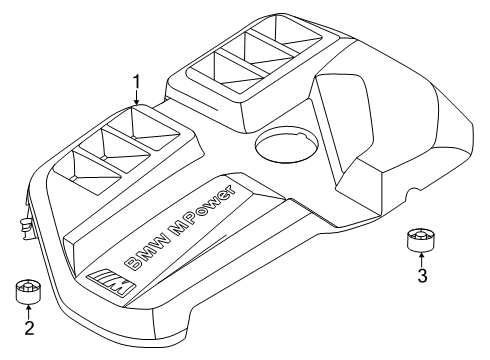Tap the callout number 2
click(29, 327)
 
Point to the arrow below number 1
click(136, 97)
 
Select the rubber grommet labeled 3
click(420, 239)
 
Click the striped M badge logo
click(108, 284)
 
